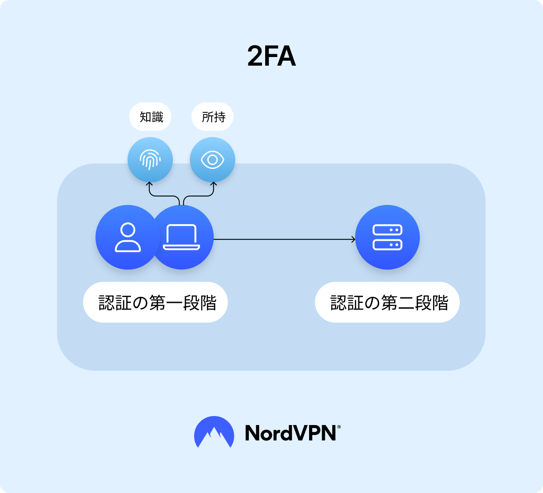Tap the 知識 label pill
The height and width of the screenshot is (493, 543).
click(151, 117)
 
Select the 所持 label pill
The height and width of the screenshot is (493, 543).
click(213, 117)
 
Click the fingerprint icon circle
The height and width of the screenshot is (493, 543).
click(150, 160)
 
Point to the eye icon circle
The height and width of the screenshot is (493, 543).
click(212, 160)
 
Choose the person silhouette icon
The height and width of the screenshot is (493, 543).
click(128, 237)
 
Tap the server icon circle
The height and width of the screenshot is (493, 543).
click(387, 237)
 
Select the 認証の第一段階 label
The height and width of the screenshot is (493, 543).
click(155, 302)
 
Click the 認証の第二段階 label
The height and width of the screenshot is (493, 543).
click(387, 302)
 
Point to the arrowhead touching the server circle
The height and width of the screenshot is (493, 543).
click(353, 239)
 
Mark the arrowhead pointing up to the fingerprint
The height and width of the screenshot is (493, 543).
click(150, 184)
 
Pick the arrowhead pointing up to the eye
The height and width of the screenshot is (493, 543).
click(213, 184)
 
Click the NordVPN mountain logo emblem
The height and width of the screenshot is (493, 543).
click(214, 432)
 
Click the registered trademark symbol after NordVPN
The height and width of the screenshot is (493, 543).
click(339, 426)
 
